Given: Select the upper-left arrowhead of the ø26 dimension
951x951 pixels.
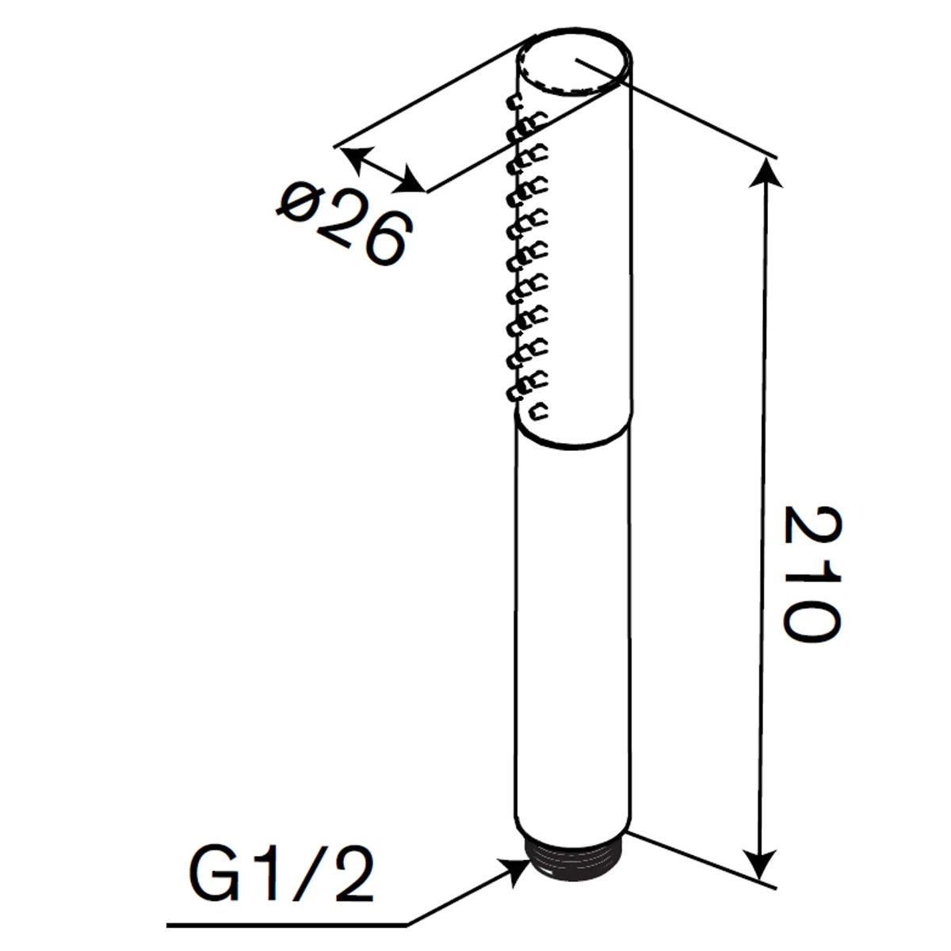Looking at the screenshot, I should pyautogui.click(x=353, y=155).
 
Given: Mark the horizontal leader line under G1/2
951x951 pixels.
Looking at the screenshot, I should pyautogui.click(x=285, y=924).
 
